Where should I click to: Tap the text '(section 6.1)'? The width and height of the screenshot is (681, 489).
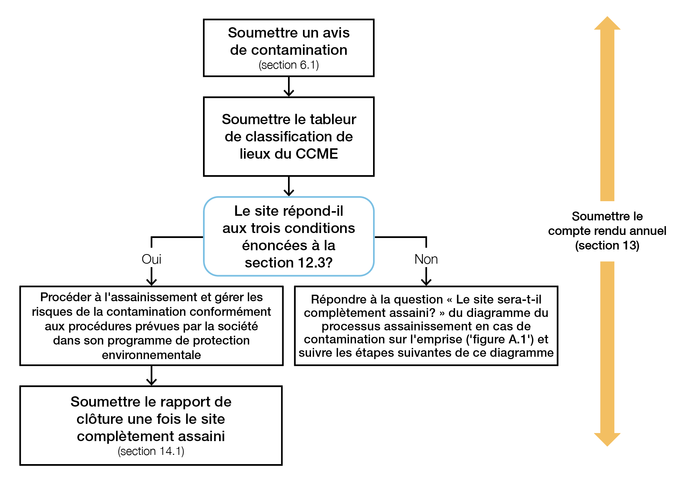click(288, 65)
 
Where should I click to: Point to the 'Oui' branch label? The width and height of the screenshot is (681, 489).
click(151, 259)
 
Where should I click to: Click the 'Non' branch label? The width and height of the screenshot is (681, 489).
click(426, 259)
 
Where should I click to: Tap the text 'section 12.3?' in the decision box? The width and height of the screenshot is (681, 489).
click(288, 263)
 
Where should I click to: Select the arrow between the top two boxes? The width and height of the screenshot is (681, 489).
click(288, 87)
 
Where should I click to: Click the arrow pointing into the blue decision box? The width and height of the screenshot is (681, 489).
click(288, 186)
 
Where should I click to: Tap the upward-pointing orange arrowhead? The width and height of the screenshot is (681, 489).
click(607, 24)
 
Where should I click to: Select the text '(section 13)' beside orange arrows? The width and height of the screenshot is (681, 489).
click(607, 246)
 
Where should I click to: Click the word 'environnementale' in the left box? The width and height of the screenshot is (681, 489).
click(151, 355)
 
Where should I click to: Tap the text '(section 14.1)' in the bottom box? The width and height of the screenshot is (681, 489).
click(151, 451)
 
